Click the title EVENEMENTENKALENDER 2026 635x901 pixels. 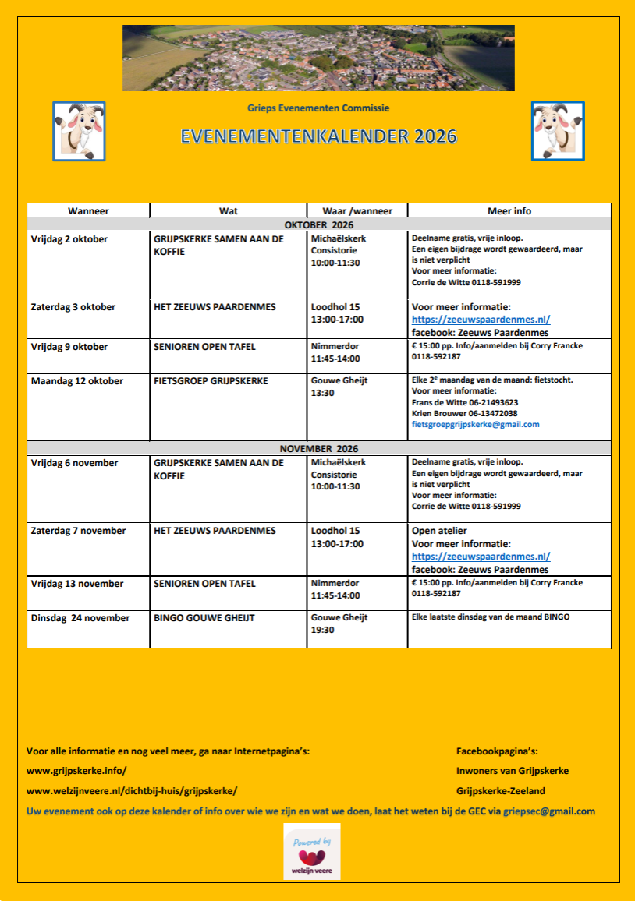coord(318,137)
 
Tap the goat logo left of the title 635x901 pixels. coord(79,131)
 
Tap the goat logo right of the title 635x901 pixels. coord(558,131)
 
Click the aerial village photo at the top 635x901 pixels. coord(318,58)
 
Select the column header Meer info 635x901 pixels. coord(509,210)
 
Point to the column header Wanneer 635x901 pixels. coord(88,210)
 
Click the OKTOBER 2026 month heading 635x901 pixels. coord(318,224)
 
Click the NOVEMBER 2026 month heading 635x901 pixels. coord(318,448)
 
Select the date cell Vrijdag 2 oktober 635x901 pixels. coord(69,239)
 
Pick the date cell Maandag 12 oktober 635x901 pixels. coord(77,381)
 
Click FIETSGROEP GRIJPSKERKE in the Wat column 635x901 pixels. coord(211,381)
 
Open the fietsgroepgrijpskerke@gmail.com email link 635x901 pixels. coord(475,424)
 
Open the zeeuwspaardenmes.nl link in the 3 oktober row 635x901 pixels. coord(481,320)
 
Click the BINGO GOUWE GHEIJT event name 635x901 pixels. coord(204,618)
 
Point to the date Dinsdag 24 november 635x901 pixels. coord(80,618)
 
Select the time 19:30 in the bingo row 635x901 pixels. coord(322,630)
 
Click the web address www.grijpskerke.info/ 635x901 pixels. coord(76,770)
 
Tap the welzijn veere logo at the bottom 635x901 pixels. coord(311,851)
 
